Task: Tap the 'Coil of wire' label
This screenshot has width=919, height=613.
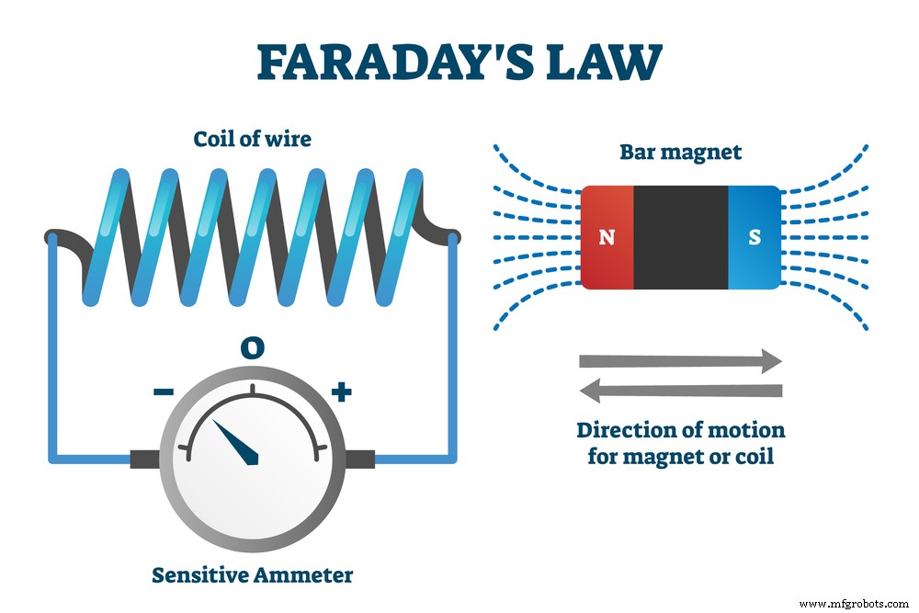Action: [252, 140]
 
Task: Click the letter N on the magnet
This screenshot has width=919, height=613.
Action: [607, 237]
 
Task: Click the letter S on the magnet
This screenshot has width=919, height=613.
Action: [754, 237]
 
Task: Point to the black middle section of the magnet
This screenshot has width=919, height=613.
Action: [681, 236]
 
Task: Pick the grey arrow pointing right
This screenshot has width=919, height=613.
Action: [680, 361]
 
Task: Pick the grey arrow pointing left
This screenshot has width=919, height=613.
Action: [680, 392]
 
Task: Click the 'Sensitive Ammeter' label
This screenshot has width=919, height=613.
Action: [252, 576]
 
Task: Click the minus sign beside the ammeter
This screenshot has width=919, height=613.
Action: [163, 392]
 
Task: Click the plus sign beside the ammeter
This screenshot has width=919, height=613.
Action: [341, 392]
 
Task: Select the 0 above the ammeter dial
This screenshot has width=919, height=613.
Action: [252, 346]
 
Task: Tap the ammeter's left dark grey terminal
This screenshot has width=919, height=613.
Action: [146, 459]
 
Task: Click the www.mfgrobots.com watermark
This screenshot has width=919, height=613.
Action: [854, 604]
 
